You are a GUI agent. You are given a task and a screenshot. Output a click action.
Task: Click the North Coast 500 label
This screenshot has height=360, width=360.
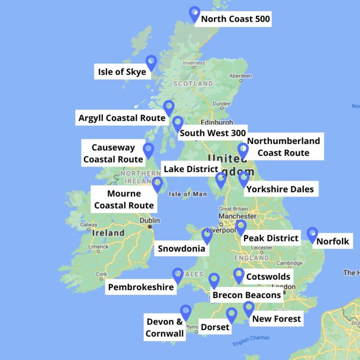pyautogui.click(x=235, y=19)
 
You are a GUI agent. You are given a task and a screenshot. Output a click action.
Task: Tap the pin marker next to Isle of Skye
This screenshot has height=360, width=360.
pyautogui.click(x=151, y=62)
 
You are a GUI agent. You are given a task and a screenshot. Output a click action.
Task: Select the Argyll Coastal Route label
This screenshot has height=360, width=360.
pyautogui.click(x=122, y=118)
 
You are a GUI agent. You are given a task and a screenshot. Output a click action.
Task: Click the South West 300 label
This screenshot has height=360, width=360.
pyautogui.click(x=213, y=133)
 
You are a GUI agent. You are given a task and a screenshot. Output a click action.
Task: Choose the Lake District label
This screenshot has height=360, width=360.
pyautogui.click(x=191, y=169)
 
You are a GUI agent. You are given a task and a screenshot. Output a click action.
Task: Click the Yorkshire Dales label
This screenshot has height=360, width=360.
pyautogui.click(x=280, y=189)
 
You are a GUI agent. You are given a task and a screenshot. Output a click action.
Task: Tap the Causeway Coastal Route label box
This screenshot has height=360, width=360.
pyautogui.click(x=113, y=153)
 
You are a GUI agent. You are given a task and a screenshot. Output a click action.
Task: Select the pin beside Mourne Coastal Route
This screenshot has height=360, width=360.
pyautogui.click(x=157, y=184)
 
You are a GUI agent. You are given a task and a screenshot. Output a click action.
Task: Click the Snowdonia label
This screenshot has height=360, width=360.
pyautogui.click(x=181, y=248)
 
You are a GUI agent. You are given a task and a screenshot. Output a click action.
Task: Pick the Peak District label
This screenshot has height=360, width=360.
pyautogui.click(x=270, y=238)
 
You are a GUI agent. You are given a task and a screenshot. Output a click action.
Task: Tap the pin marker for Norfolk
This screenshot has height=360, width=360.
pyautogui.click(x=312, y=234)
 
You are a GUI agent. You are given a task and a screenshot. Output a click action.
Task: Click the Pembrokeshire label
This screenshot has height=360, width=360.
pyautogui.click(x=141, y=287)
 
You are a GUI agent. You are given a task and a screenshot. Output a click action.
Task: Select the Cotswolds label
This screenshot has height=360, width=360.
pyautogui.click(x=268, y=277)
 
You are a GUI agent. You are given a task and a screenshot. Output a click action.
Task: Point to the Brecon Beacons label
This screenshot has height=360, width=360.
pyautogui.click(x=247, y=295)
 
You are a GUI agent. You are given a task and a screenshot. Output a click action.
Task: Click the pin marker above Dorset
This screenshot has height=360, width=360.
pyautogui.click(x=232, y=315)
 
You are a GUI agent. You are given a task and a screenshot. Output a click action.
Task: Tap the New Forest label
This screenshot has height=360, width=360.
pyautogui.click(x=277, y=319)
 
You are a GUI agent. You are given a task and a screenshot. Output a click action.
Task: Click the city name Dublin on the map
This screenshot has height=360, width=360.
pyautogui.click(x=150, y=220)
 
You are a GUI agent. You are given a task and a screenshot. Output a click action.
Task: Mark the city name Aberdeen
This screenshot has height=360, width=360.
pyautogui.click(x=240, y=75)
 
